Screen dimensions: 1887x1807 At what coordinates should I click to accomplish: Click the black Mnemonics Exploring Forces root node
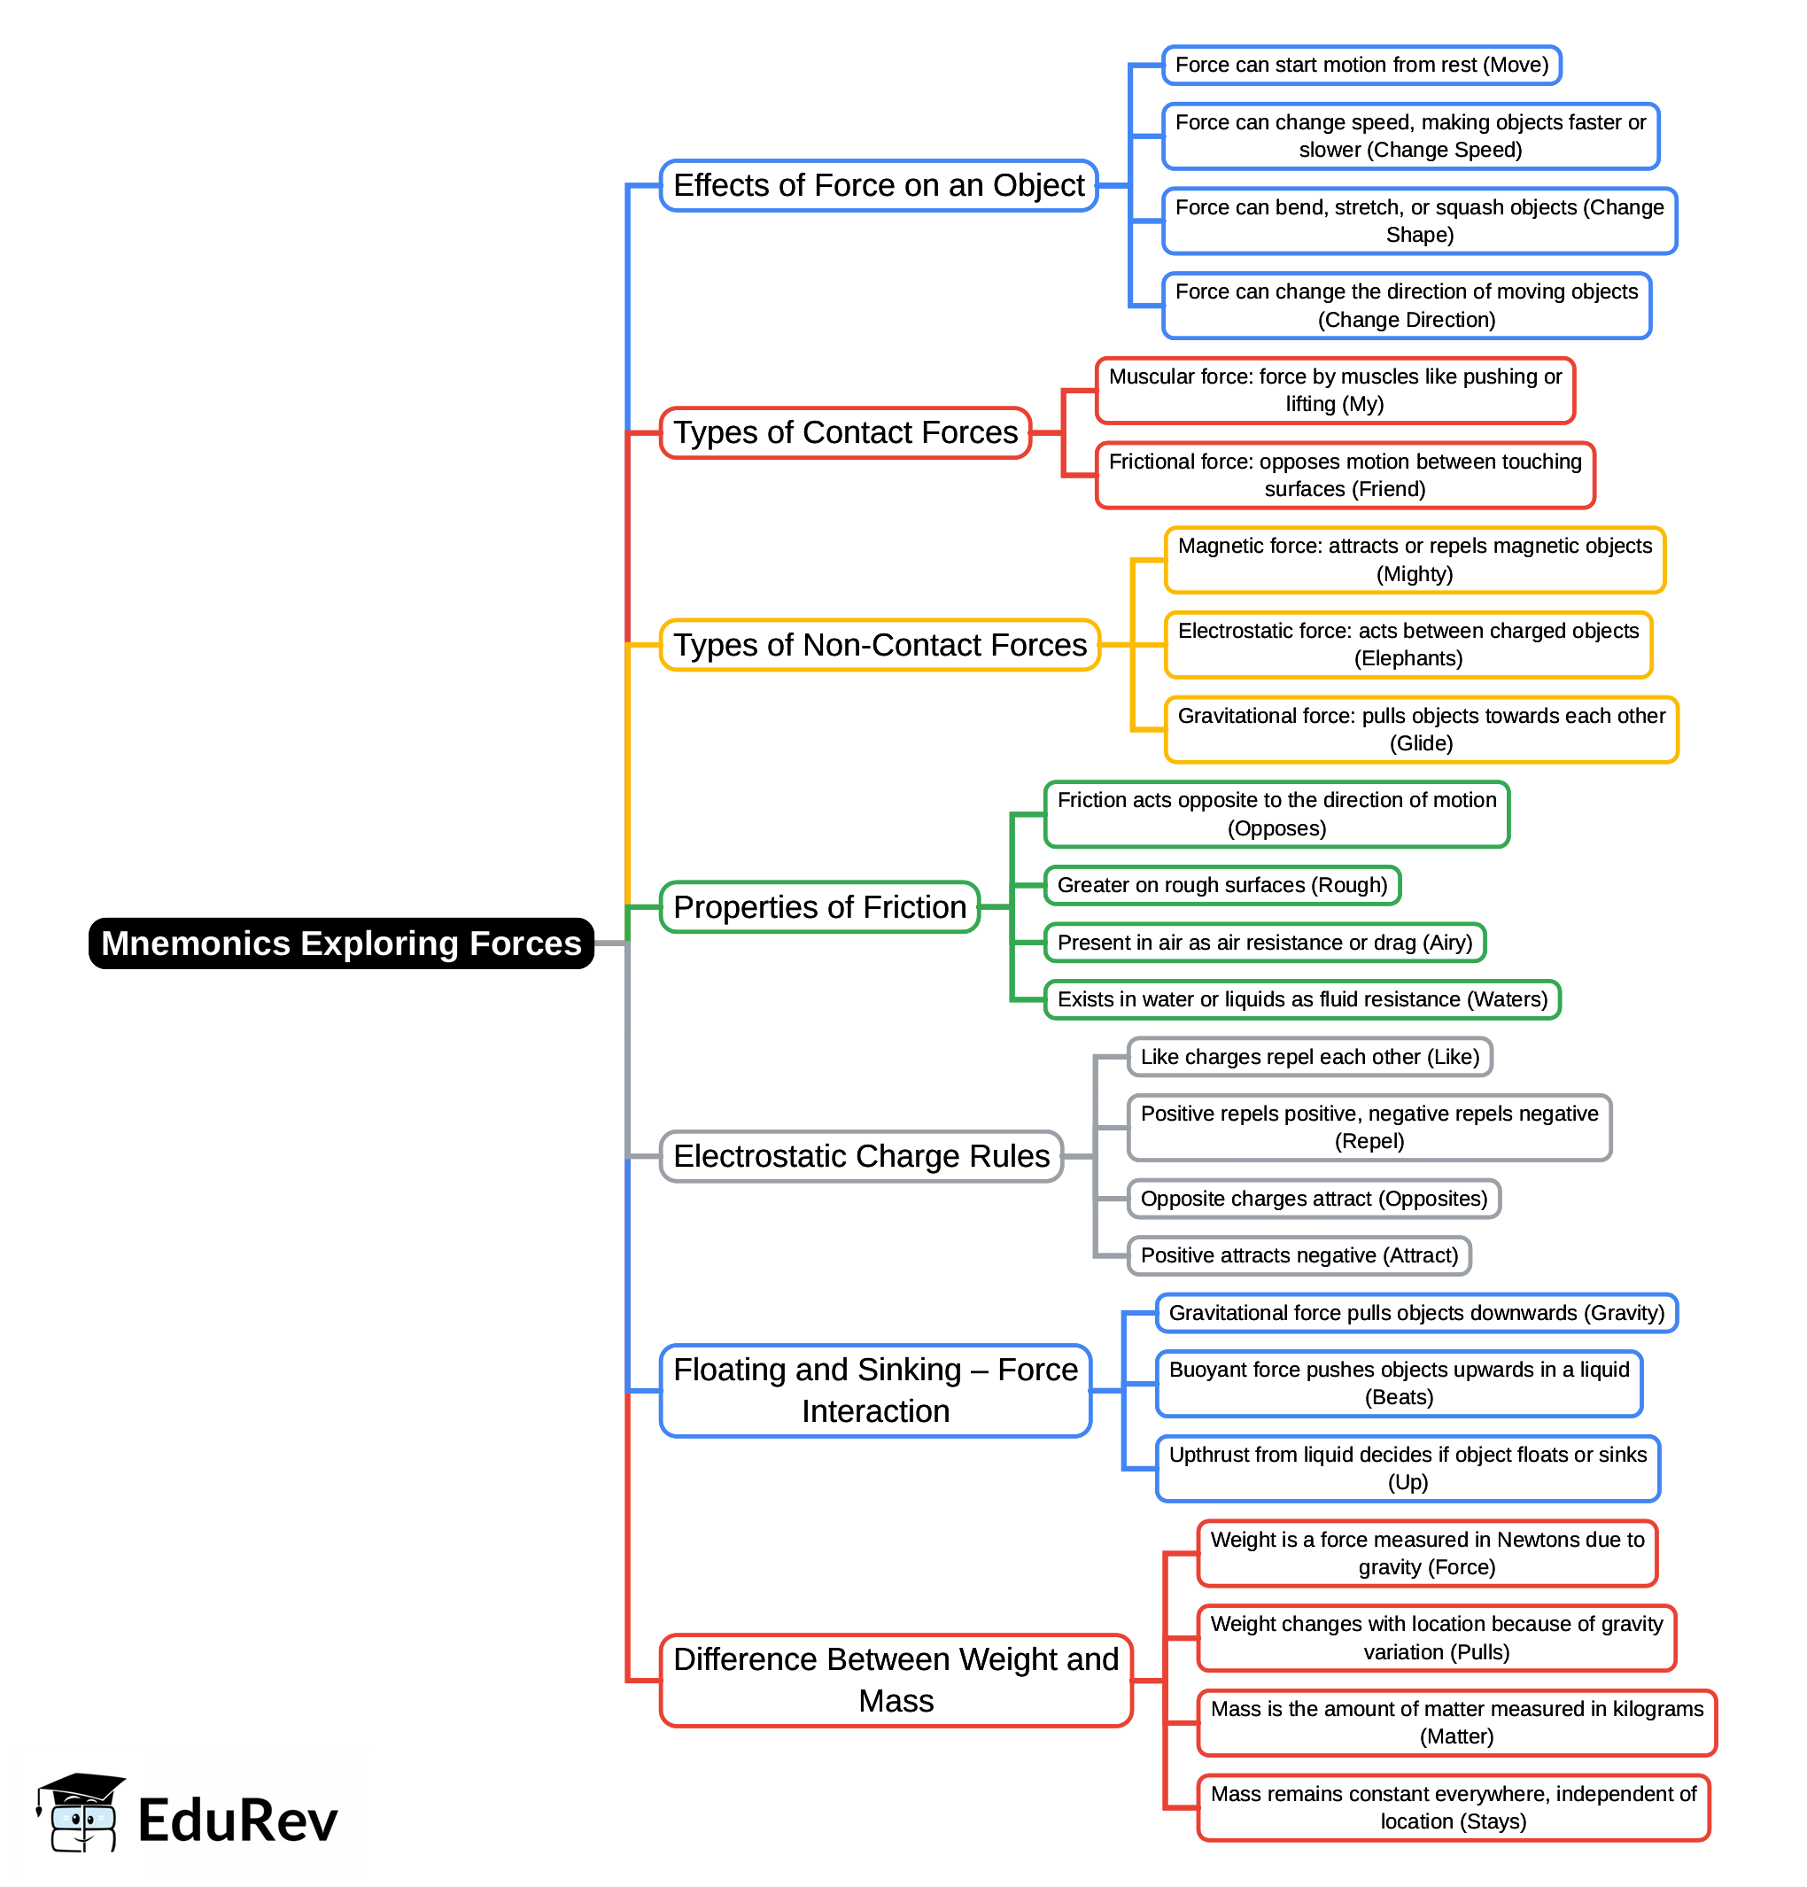click(341, 943)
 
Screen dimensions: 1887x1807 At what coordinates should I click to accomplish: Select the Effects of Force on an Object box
click(878, 185)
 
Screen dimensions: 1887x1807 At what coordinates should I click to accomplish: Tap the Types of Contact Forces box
click(844, 432)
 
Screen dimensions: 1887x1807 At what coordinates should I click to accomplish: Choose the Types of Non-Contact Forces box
click(879, 644)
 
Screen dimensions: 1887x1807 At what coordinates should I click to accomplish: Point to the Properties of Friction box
click(819, 907)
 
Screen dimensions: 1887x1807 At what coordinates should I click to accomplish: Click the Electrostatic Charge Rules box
click(861, 1155)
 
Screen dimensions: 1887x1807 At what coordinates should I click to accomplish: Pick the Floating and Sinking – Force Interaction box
click(874, 1389)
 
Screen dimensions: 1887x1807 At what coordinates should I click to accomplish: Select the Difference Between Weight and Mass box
click(896, 1679)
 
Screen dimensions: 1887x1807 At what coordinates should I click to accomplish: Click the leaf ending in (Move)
click(1361, 65)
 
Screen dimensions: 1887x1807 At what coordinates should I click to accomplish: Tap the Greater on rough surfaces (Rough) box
click(1221, 885)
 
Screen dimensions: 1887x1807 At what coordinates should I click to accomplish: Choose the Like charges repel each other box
click(1309, 1056)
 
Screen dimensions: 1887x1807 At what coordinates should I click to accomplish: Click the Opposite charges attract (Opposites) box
click(1313, 1198)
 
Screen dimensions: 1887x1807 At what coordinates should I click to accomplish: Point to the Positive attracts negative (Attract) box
click(1299, 1254)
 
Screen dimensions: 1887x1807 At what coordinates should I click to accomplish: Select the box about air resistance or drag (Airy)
click(1264, 942)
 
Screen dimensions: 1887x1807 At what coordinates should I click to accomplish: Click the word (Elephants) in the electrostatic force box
click(1408, 657)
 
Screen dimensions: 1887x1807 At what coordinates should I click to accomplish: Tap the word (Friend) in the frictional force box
click(1344, 489)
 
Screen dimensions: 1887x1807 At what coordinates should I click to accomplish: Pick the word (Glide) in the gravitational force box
click(1421, 742)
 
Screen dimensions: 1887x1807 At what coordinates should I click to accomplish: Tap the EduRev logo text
click(237, 1820)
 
